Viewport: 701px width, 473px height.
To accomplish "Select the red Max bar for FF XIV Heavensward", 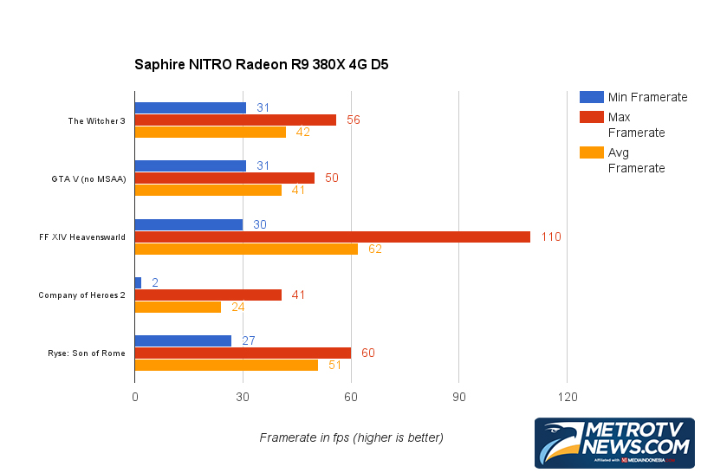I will click(x=332, y=236).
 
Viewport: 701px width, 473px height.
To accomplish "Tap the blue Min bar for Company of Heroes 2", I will click(x=138, y=282).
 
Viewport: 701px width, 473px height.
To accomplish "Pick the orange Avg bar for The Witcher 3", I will click(x=210, y=132).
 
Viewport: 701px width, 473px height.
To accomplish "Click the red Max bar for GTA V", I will click(x=224, y=178).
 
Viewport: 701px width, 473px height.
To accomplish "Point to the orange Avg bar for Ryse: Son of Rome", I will click(x=226, y=365).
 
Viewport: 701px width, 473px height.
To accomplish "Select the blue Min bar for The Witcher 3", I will click(x=190, y=107).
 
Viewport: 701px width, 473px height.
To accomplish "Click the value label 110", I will click(x=551, y=236).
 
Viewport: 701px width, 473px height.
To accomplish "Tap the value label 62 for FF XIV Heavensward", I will click(x=374, y=249).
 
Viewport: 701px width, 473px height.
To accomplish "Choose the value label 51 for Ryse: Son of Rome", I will click(x=335, y=365).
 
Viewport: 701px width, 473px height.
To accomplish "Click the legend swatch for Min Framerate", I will click(x=592, y=97).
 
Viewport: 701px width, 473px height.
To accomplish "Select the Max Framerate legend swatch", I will click(x=592, y=117).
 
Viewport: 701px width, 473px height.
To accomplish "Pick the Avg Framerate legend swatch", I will click(x=592, y=152).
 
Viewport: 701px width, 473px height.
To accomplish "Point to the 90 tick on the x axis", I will click(x=458, y=396).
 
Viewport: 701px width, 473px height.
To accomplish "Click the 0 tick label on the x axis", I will click(x=135, y=396).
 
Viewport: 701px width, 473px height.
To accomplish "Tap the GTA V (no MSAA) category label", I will click(x=88, y=179).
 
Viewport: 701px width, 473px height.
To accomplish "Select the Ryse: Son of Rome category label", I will click(x=87, y=353).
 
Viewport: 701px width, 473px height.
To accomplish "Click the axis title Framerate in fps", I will click(x=351, y=437).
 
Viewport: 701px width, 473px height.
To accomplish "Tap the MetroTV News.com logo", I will click(x=614, y=442).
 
